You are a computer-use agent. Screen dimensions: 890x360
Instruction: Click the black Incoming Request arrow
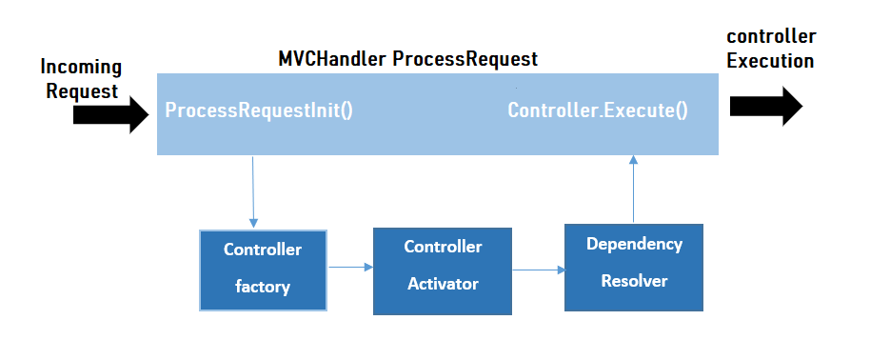pyautogui.click(x=110, y=114)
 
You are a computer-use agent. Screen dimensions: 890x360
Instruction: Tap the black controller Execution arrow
pyautogui.click(x=766, y=106)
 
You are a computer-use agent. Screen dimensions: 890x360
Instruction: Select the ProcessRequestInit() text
pyautogui.click(x=259, y=110)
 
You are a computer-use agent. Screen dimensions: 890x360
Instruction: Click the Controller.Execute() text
pyautogui.click(x=598, y=110)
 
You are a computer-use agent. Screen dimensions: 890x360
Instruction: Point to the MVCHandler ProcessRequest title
pyautogui.click(x=407, y=59)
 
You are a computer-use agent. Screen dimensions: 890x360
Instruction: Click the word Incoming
pyautogui.click(x=81, y=68)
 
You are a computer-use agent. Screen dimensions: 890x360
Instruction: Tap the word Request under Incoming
pyautogui.click(x=82, y=90)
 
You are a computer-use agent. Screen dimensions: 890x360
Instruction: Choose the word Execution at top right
pyautogui.click(x=770, y=61)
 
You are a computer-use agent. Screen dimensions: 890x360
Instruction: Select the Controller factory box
pyautogui.click(x=263, y=270)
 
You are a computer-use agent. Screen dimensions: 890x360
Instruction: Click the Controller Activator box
pyautogui.click(x=443, y=271)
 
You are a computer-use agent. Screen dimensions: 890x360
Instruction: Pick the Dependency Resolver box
pyautogui.click(x=633, y=268)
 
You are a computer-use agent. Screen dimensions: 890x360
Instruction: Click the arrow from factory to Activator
pyautogui.click(x=350, y=267)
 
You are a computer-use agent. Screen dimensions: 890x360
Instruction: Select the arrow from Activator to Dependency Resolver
pyautogui.click(x=539, y=270)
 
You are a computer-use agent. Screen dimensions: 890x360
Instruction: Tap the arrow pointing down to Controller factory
pyautogui.click(x=253, y=192)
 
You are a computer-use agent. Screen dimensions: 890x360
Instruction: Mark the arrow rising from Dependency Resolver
pyautogui.click(x=633, y=190)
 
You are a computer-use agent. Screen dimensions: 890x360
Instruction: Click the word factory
pyautogui.click(x=262, y=287)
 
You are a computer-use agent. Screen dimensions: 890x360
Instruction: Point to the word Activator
pyautogui.click(x=443, y=284)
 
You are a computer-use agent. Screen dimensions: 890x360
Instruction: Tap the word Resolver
pyautogui.click(x=634, y=281)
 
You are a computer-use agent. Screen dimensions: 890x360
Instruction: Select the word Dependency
pyautogui.click(x=634, y=245)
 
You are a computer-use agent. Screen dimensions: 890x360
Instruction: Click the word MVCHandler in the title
pyautogui.click(x=332, y=59)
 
